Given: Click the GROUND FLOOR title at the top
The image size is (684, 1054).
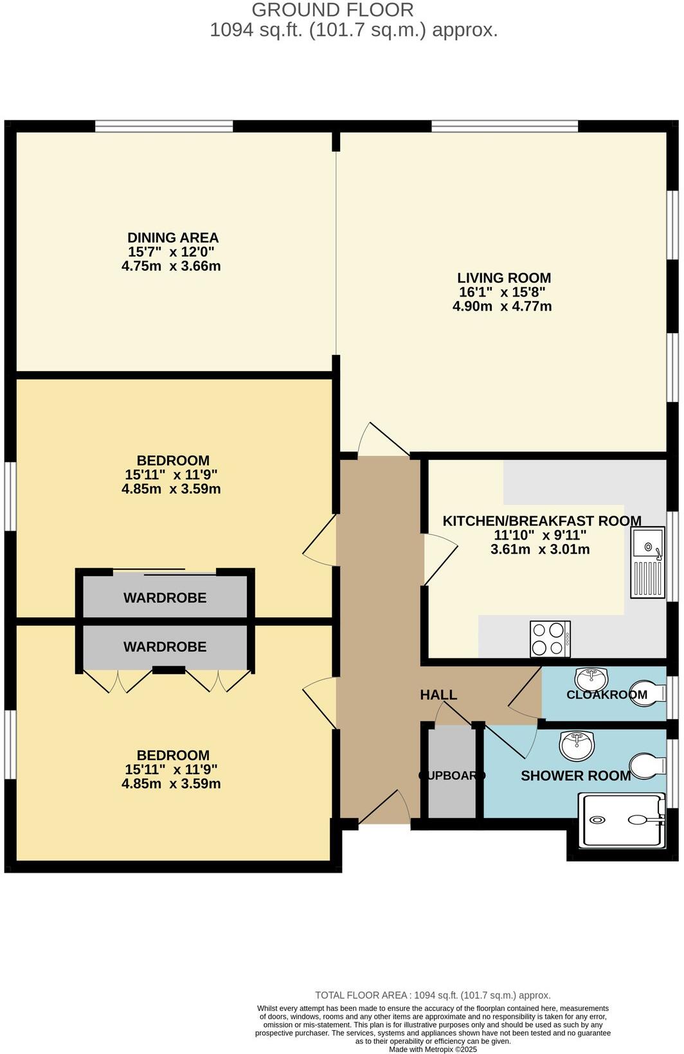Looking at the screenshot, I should pos(332,10).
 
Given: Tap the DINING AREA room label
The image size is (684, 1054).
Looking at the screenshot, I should pos(173,238).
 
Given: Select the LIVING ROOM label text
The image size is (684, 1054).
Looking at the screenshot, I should pos(504,278).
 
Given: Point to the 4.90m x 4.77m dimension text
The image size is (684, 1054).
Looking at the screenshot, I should pos(502,306).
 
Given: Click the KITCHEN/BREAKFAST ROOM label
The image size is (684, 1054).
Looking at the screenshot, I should pos(541,521).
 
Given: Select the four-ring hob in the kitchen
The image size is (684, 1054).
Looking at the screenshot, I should pos(550,639).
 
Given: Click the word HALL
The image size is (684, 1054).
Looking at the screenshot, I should pos(438,695).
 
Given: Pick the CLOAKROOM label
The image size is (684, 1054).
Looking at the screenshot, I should pos(606,695).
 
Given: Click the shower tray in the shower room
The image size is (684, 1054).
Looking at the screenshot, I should pos(622,820).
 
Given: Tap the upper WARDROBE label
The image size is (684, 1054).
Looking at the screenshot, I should pos(165,598).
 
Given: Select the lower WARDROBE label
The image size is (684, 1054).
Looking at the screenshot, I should pos(165,647).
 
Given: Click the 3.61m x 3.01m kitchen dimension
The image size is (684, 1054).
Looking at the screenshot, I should pos(540,550).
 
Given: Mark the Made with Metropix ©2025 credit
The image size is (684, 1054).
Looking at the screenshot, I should pos(433,1049).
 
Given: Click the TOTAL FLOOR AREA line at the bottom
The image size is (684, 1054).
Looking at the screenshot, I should pos(433,995).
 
